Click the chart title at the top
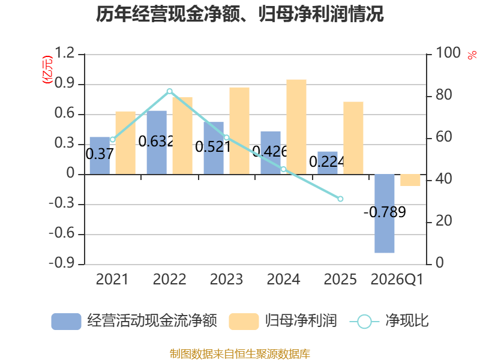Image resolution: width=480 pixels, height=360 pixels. click(x=239, y=14)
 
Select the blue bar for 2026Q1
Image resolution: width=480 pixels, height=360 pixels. click(x=385, y=214)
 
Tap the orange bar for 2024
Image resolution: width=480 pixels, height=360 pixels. click(x=296, y=127)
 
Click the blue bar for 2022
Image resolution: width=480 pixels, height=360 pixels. click(x=157, y=143)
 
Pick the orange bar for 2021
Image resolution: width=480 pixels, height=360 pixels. click(x=125, y=143)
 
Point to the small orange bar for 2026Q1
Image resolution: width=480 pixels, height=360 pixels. click(x=410, y=180)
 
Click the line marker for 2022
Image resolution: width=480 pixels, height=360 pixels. click(x=170, y=91)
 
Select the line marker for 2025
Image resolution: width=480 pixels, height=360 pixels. click(x=340, y=199)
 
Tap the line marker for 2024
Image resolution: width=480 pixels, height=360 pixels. click(x=283, y=169)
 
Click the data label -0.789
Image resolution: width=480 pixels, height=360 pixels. click(x=385, y=212)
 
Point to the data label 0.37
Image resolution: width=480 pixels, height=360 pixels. click(x=100, y=154)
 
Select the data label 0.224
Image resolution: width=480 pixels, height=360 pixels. click(x=327, y=161)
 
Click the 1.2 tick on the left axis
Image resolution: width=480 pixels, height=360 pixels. click(x=65, y=53)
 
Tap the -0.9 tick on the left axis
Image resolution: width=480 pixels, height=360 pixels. click(x=62, y=263)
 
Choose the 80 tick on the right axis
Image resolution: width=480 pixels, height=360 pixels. click(x=444, y=95)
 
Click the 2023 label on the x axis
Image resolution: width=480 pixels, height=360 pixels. click(x=226, y=279)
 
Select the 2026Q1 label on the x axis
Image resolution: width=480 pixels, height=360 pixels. click(x=397, y=279)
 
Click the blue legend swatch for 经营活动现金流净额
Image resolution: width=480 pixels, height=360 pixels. click(x=66, y=322)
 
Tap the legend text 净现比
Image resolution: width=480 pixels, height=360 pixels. click(x=407, y=321)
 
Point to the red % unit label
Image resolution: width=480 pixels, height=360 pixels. click(x=472, y=55)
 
